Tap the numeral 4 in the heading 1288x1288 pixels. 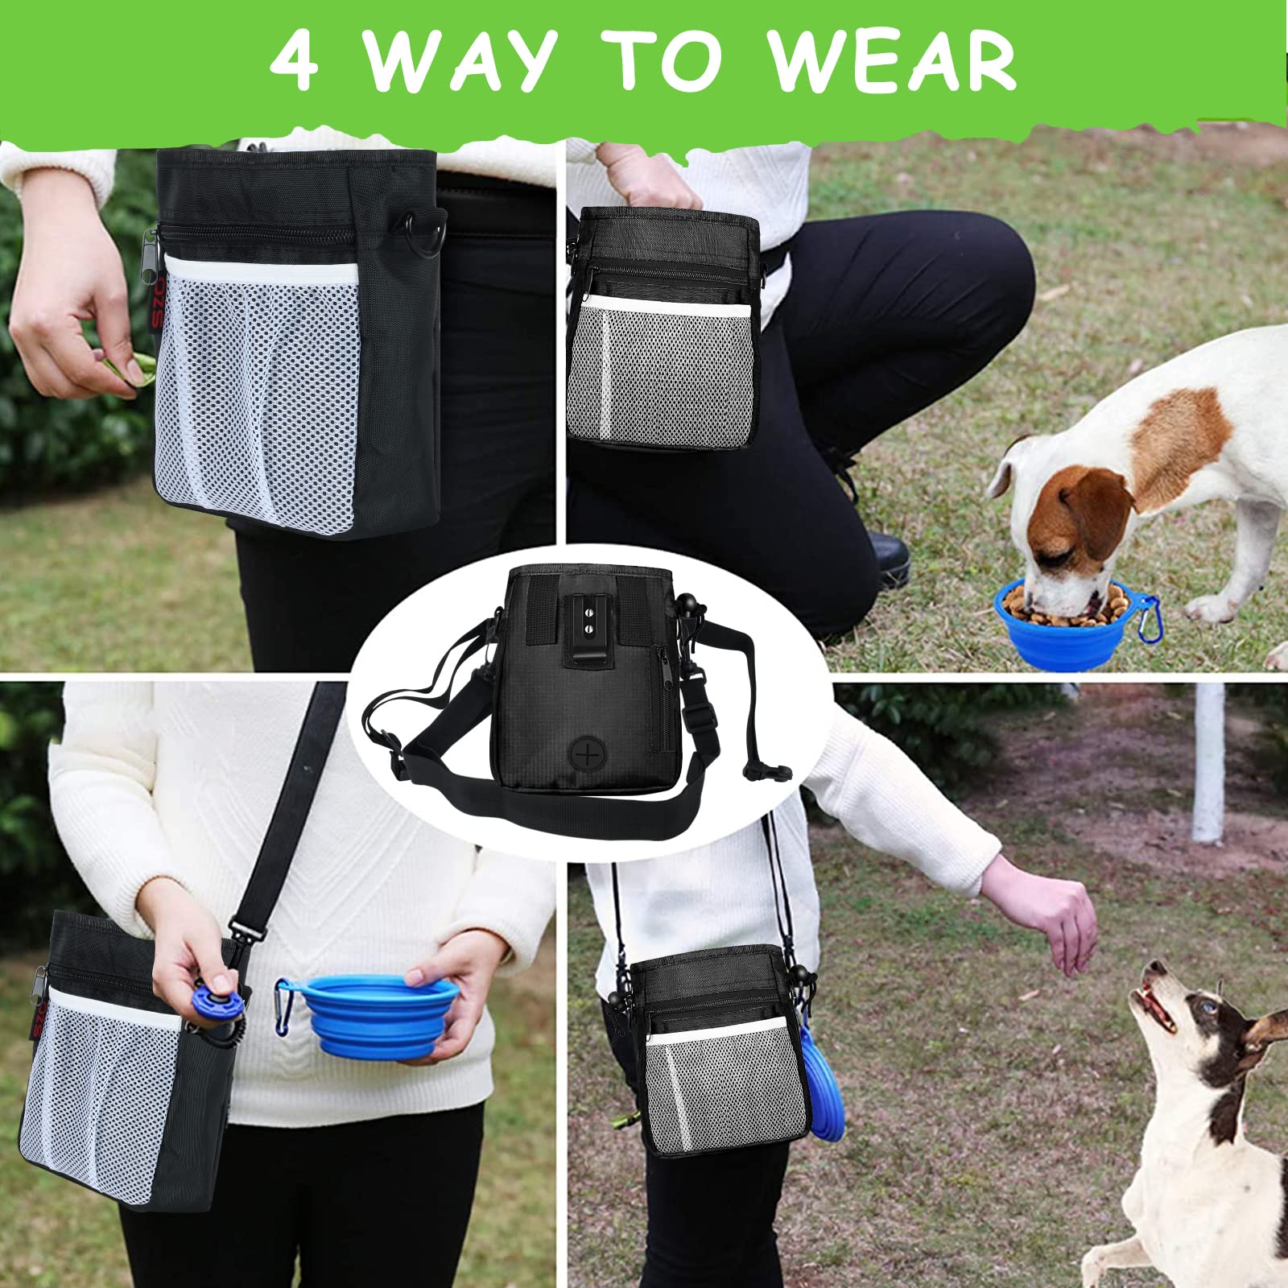[x=295, y=61]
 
